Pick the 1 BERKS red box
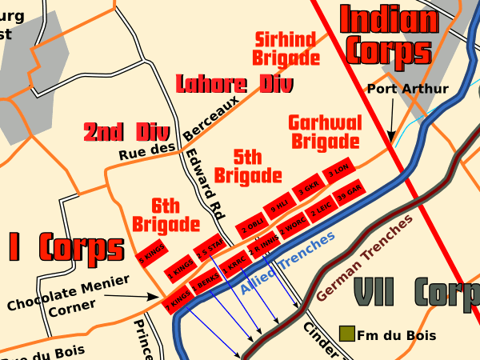[206, 284]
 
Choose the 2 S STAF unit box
[210, 248]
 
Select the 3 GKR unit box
[309, 189]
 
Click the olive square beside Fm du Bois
[346, 333]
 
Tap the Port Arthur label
[407, 89]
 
